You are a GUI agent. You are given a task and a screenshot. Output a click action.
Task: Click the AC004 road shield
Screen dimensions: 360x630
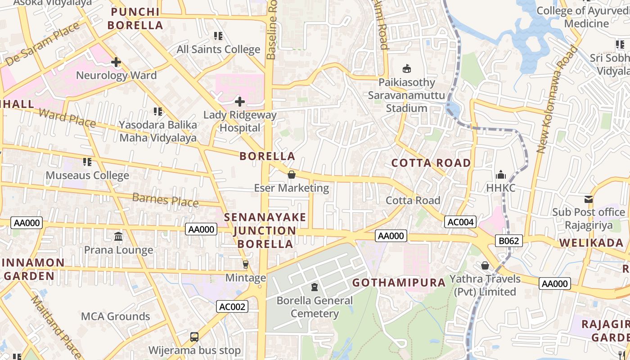pos(460,221)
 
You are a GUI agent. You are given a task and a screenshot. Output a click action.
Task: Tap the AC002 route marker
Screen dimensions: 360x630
pos(232,307)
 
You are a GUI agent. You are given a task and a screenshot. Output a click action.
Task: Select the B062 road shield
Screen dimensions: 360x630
pos(509,241)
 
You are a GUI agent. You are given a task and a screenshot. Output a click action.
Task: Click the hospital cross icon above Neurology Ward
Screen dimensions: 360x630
pos(116,62)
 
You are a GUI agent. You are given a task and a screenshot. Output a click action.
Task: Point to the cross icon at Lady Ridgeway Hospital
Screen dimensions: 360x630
pos(240,102)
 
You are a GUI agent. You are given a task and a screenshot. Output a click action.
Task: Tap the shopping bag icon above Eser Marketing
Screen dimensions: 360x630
pos(292,175)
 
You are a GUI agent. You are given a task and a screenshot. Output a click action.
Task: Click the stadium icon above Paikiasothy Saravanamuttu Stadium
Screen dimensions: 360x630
pos(407,68)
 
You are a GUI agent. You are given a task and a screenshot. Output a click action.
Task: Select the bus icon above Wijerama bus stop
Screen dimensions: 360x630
pos(194,337)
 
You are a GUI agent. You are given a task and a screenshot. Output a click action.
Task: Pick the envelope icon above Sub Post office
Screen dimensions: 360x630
pos(588,199)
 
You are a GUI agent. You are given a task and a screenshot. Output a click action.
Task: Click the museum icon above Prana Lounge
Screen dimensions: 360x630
pos(118,236)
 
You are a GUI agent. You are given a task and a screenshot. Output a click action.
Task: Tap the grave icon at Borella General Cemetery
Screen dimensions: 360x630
pos(315,287)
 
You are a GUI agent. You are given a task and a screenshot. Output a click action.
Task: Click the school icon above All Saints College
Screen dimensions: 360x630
pos(218,36)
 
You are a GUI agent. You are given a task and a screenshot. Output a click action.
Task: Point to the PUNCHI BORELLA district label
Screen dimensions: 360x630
pos(135,18)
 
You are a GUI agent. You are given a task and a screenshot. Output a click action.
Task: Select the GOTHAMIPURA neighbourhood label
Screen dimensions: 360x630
pos(399,283)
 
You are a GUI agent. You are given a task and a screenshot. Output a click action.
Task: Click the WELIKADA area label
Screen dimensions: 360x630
pos(591,243)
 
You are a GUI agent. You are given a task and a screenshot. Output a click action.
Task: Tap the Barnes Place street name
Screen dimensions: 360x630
pos(166,199)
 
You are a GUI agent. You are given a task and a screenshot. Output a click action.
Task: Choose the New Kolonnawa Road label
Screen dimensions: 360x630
pos(557,99)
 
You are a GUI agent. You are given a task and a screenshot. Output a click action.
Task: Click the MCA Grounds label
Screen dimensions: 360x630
pos(115,316)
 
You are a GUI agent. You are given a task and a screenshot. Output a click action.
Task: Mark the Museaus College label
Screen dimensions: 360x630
pos(87,175)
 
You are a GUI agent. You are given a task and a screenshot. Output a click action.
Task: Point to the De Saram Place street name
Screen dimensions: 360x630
pos(43,44)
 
